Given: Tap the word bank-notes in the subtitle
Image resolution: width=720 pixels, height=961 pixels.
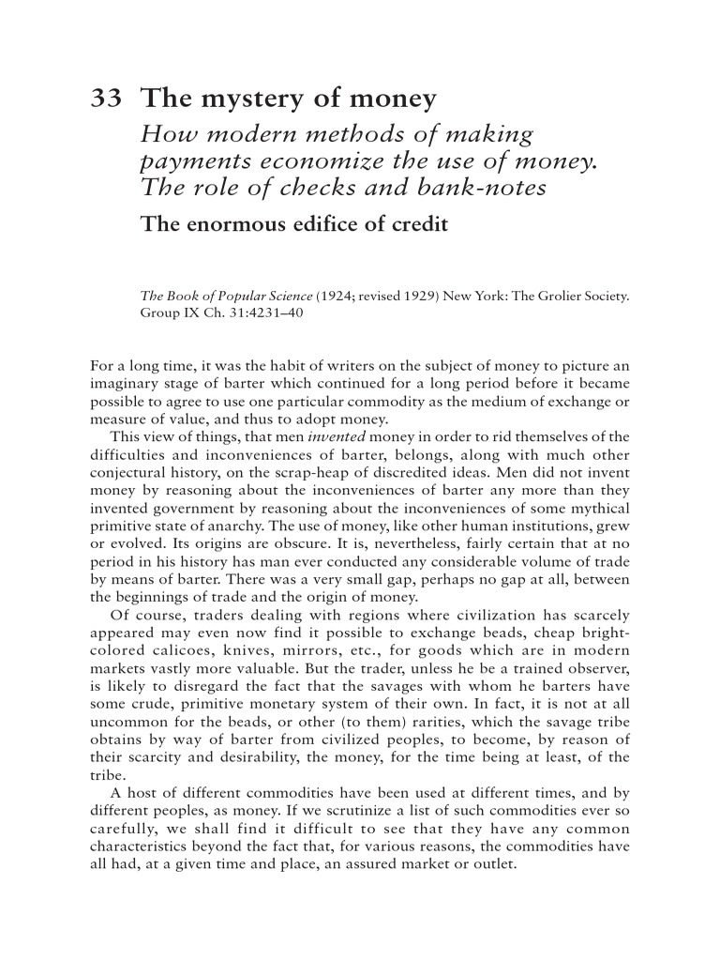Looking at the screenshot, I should [x=495, y=188].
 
